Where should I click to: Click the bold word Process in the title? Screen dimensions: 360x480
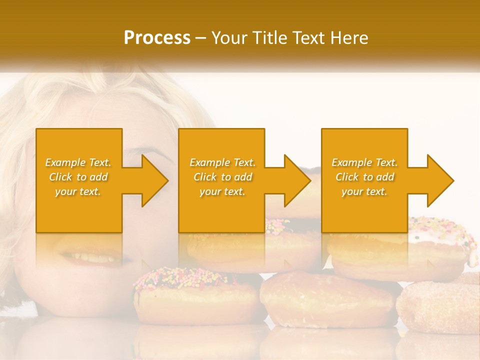pos(157,38)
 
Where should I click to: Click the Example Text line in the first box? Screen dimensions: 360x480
pos(78,162)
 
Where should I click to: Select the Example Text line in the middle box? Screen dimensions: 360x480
pos(222,162)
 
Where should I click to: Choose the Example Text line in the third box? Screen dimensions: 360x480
pos(364,162)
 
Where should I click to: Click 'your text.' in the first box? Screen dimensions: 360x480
pos(78,191)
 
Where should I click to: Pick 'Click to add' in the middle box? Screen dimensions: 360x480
pos(222,177)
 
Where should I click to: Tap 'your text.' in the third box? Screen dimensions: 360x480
pos(364,191)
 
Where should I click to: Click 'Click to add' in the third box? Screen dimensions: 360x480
pos(364,177)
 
